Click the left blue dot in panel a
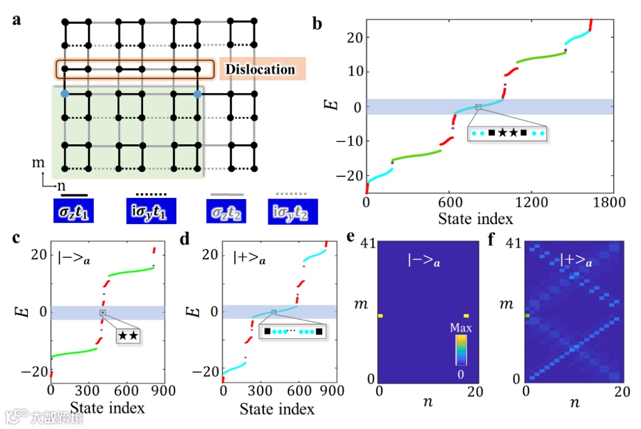coord(64,94)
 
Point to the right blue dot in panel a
coord(198,94)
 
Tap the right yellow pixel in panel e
coord(467,316)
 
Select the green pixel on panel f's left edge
coord(526,316)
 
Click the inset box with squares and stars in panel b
coord(506,134)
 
